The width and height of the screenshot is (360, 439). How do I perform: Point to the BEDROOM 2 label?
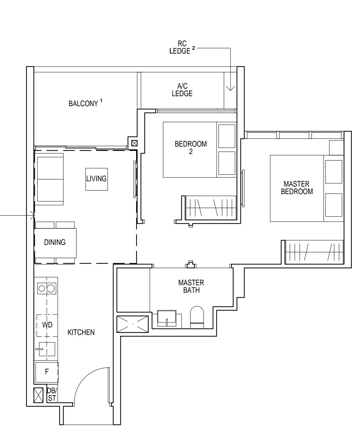tap(191, 148)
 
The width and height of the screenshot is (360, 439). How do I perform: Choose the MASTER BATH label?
tap(191, 286)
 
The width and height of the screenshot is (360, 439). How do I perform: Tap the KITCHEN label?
tap(81, 332)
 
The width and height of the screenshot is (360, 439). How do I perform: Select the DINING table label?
tap(55, 242)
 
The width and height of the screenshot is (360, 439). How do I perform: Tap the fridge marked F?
tap(46, 371)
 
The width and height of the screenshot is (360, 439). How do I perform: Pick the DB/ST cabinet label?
tap(52, 395)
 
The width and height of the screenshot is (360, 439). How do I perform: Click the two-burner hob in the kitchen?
tap(47, 288)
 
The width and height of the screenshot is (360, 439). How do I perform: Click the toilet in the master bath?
tap(197, 317)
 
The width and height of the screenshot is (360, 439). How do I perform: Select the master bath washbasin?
tap(167, 318)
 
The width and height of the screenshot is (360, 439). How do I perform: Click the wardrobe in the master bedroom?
tap(314, 252)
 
